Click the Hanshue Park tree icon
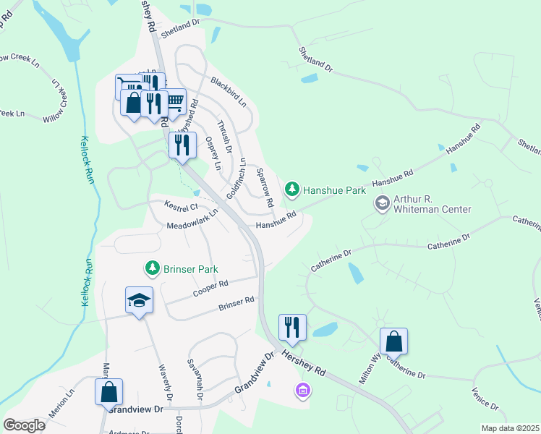tap(292, 190)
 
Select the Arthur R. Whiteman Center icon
tap(381, 203)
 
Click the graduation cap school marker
tap(139, 301)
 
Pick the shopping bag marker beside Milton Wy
tap(393, 341)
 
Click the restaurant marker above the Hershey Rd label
tap(292, 327)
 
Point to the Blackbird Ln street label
tap(229, 92)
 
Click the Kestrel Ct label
tap(182, 207)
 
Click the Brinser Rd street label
tap(237, 305)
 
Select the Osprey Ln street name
tap(213, 153)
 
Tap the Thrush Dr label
tap(226, 136)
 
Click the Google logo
tap(25, 425)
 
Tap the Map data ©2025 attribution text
tap(510, 428)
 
